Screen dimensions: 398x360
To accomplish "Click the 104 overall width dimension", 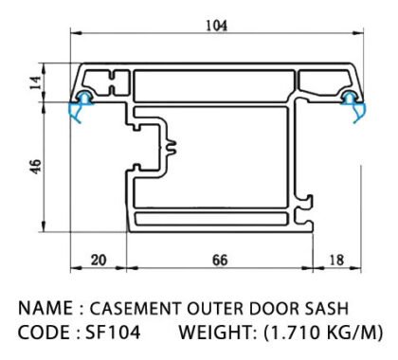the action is point(216,26).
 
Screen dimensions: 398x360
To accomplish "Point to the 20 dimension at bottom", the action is point(99,261).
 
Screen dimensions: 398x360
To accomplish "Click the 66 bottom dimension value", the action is point(220,261).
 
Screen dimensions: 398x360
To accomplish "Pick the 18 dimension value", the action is point(336,261).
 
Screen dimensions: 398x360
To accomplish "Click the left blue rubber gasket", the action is point(81,106).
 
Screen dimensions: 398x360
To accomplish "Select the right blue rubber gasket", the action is point(353,106).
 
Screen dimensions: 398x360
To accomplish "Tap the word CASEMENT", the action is point(136,308).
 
